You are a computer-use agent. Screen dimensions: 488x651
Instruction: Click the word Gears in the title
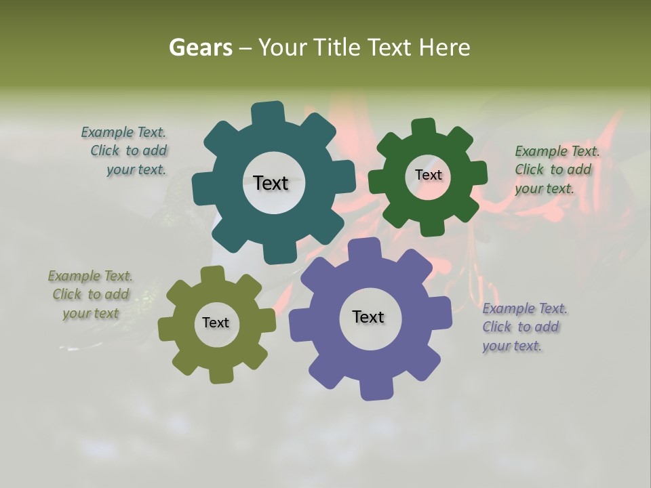point(200,47)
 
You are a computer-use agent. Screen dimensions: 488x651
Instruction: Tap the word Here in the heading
point(444,47)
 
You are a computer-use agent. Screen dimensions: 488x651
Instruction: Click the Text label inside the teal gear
point(271,182)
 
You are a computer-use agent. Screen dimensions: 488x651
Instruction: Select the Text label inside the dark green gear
point(428,175)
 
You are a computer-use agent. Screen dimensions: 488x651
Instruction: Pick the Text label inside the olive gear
point(216,323)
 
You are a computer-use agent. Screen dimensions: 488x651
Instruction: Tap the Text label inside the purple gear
point(368,317)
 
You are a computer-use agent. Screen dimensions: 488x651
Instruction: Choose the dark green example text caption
point(555,169)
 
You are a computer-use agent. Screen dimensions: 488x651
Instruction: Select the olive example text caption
point(91,295)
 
